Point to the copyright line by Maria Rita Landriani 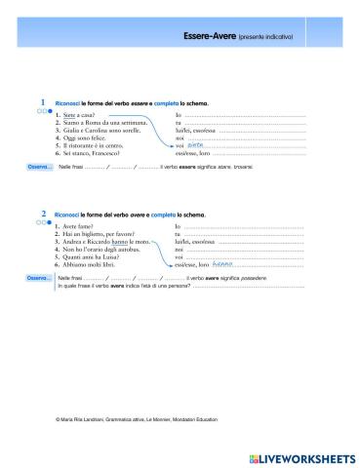[x=137, y=419]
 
